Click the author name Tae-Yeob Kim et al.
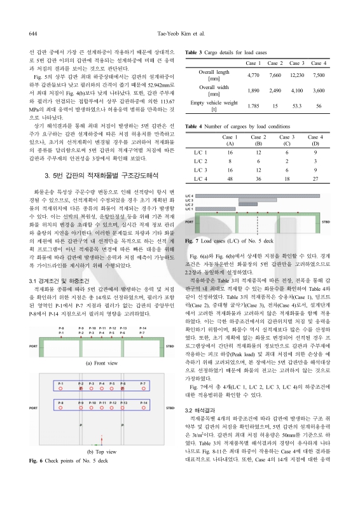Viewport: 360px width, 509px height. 180,31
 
